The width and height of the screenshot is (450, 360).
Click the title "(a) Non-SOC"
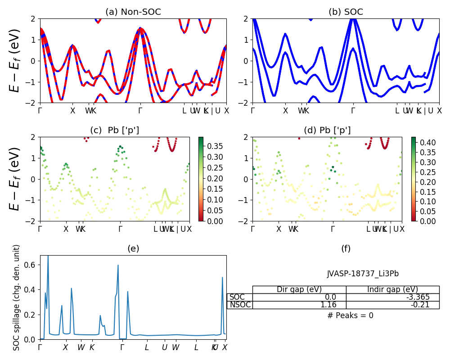pyautogui.click(x=133, y=12)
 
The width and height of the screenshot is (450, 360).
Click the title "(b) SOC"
pyautogui.click(x=346, y=12)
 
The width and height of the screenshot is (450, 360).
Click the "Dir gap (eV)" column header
pyautogui.click(x=299, y=289)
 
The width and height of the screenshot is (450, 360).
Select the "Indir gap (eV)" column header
pyautogui.click(x=392, y=289)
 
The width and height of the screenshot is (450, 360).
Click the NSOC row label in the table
pyautogui.click(x=240, y=305)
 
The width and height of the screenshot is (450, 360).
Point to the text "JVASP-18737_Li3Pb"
pyautogui.click(x=363, y=274)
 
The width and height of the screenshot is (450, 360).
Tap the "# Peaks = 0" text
pyautogui.click(x=350, y=315)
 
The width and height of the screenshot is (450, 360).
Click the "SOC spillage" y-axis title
pyautogui.click(x=17, y=297)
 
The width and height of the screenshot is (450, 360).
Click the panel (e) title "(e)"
pyautogui.click(x=133, y=248)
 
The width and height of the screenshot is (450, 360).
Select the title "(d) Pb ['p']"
pyautogui.click(x=327, y=130)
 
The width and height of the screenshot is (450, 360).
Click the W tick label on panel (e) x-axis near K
pyautogui.click(x=81, y=347)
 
